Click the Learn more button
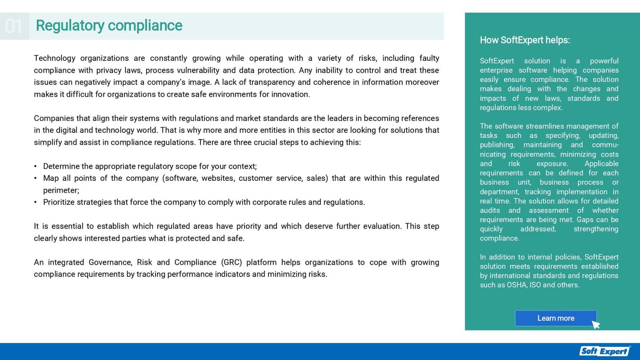(x=556, y=318)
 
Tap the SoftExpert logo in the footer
(x=605, y=351)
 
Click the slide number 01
(x=14, y=26)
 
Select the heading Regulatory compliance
(x=109, y=26)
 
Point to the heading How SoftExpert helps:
(x=524, y=40)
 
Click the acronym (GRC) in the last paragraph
(x=231, y=262)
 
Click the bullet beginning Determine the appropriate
(x=150, y=166)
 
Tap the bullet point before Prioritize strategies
(x=36, y=202)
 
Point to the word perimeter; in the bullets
(x=61, y=190)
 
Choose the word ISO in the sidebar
(x=535, y=285)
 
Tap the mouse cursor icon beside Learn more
(x=596, y=324)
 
